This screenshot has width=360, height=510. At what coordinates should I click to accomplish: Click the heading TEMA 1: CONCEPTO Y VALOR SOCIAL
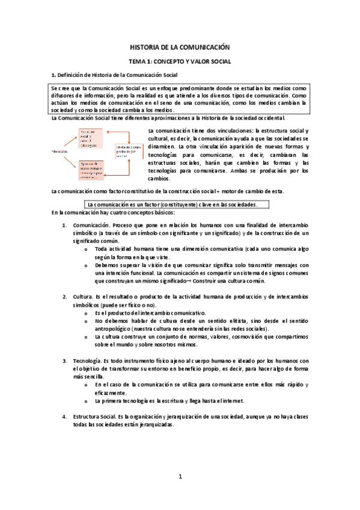coord(180,61)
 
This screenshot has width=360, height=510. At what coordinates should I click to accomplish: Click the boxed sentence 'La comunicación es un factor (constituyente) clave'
coord(172,204)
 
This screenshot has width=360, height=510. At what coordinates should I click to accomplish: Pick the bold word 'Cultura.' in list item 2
coord(84,297)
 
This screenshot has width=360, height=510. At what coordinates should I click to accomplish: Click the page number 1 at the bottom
coord(180,477)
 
